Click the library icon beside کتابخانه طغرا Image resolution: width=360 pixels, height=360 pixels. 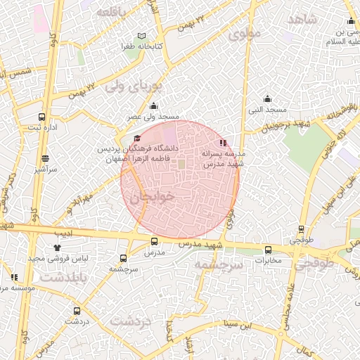tap(143, 36)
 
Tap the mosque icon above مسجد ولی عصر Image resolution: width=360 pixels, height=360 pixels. tap(154, 105)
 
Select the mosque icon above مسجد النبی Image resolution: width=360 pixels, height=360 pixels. tap(267, 98)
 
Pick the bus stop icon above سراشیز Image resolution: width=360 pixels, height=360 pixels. tap(46, 158)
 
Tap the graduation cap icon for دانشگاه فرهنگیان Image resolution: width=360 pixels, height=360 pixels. tap(137, 139)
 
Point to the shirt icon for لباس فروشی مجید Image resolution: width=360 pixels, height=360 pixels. tap(58, 247)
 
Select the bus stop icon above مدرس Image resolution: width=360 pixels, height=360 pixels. tap(154, 241)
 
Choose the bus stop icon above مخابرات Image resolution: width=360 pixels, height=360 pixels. tap(267, 250)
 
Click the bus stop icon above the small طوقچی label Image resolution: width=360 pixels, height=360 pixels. tap(302, 229)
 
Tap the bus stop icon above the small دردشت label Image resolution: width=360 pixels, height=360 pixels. tap(76, 310)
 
